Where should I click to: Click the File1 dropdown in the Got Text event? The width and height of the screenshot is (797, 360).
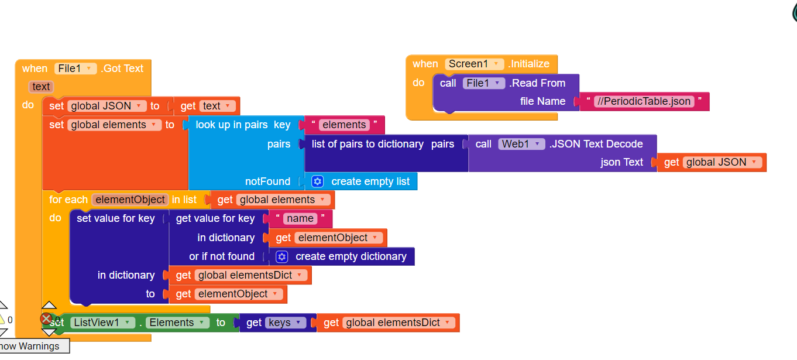tap(75, 68)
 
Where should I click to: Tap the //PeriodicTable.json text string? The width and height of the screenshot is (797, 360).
tap(643, 101)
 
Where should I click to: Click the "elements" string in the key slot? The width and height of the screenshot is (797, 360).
tap(344, 125)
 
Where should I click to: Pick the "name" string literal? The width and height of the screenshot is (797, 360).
tap(300, 219)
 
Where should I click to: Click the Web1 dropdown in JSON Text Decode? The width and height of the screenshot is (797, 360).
tap(521, 144)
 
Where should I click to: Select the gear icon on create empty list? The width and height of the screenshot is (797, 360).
tap(318, 181)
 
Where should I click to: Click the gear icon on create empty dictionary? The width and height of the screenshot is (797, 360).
tap(282, 256)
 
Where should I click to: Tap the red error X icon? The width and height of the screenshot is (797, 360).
tap(46, 319)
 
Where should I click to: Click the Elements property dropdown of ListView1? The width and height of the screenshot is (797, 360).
tap(177, 323)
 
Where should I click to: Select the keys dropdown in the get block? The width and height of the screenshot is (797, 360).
tap(285, 323)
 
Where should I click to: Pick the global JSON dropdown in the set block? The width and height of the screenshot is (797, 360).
tap(107, 106)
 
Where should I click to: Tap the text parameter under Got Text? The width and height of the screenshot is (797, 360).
tap(41, 87)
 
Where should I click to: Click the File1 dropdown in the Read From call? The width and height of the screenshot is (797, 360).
tap(483, 83)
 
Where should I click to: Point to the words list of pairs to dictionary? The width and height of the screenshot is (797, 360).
tap(367, 144)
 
